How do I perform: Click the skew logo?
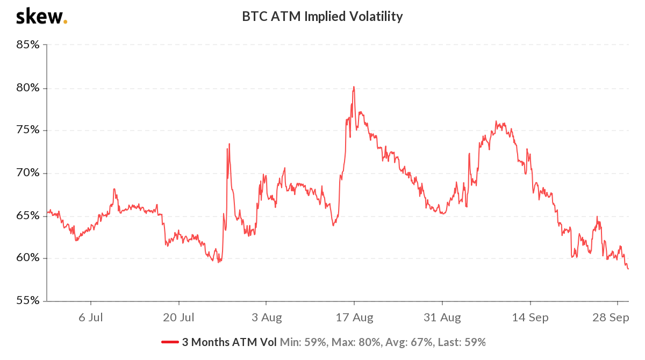41,17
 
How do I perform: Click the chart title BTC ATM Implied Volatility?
322,17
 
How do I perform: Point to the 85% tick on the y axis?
27,45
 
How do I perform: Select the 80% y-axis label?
27,88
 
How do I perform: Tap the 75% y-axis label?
27,130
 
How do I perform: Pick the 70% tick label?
27,173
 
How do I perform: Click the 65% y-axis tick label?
27,215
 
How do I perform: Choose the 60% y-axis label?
27,258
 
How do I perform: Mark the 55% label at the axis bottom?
27,301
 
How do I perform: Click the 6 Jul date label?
90,318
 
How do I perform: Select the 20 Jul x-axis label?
178,318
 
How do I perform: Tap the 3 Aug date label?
266,318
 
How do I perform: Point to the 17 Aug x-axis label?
354,318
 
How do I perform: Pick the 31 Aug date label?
441,318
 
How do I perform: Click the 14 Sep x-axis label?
529,318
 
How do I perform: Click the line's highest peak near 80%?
354,87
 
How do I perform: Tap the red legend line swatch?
170,342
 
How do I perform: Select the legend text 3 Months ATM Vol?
230,342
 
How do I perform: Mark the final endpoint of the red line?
628,269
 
